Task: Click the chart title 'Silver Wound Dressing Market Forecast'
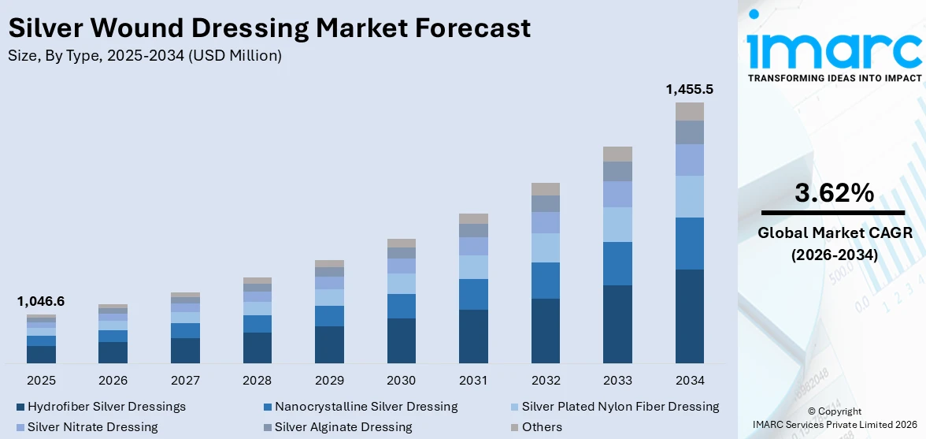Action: [x=269, y=28]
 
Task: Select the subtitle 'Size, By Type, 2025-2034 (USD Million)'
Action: [x=144, y=56]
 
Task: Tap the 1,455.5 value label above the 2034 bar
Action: [x=689, y=89]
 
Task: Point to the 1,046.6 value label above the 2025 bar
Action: [x=41, y=301]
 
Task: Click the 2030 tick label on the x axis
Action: [x=402, y=381]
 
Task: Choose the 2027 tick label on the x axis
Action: [x=185, y=381]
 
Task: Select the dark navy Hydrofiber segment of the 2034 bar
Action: [x=689, y=316]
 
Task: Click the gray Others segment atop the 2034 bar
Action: [x=689, y=111]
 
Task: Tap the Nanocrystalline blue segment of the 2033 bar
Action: [x=617, y=263]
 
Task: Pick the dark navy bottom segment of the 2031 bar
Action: [x=473, y=336]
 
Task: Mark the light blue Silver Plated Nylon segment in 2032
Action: [x=546, y=247]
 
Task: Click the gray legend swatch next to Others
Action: [x=514, y=427]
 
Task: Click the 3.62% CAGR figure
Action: [x=833, y=193]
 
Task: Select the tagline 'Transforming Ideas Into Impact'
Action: [x=834, y=78]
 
